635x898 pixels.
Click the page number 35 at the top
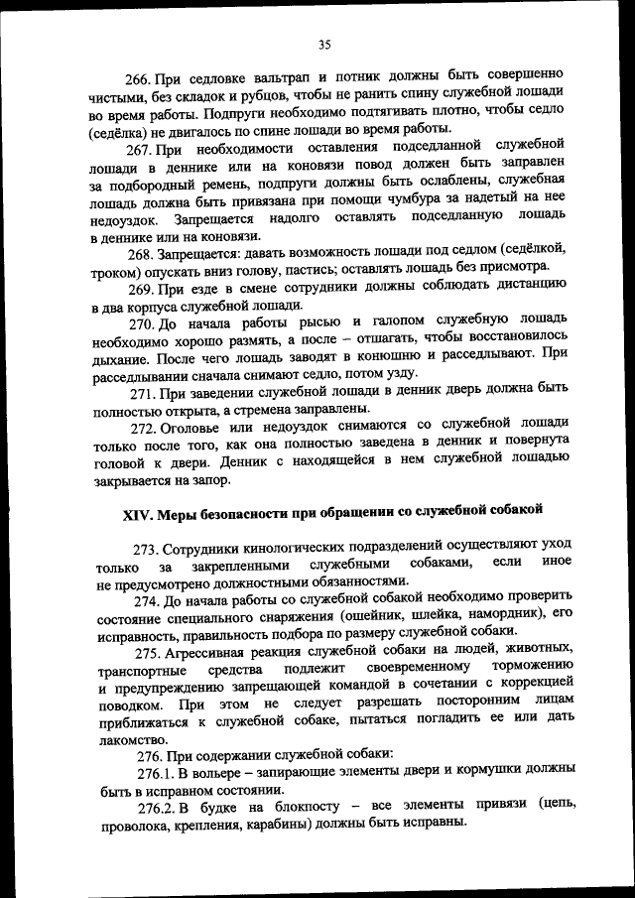pyautogui.click(x=323, y=44)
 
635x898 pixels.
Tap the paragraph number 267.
pyautogui.click(x=138, y=149)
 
